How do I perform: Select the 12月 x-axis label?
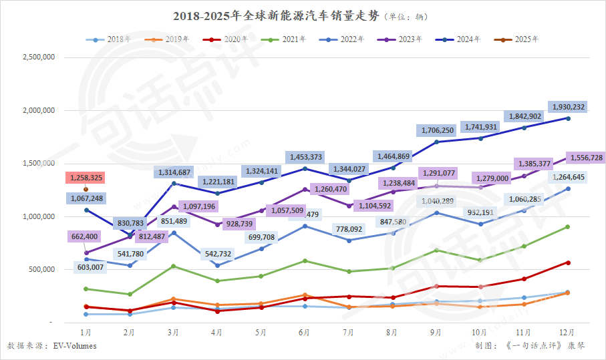click(567, 331)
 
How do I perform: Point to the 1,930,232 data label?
click(568, 107)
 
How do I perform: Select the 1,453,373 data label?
click(305, 157)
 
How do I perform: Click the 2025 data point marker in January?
click(86, 190)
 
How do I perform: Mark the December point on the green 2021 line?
click(568, 227)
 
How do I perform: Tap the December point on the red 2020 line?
click(568, 262)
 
